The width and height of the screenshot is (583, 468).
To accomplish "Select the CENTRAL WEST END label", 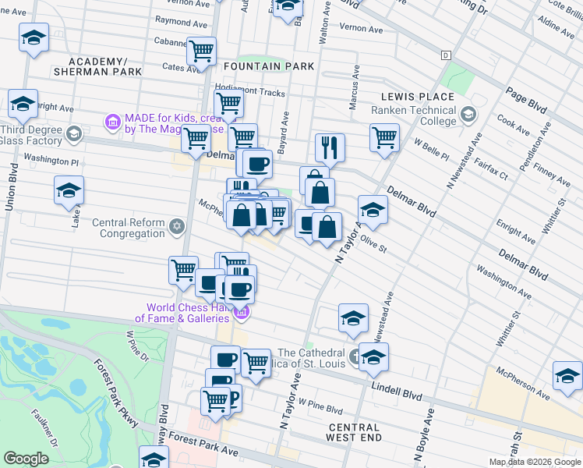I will pos(354,434).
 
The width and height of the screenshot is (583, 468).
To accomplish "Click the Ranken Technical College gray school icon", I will pos(468,115).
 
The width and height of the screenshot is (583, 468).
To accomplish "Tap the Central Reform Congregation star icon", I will pos(177,227).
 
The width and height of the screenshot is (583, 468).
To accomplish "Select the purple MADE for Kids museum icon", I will pos(112,122).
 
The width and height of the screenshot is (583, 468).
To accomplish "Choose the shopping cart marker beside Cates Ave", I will pos(202,51).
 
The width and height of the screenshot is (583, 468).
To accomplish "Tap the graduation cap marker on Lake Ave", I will pos(69,190).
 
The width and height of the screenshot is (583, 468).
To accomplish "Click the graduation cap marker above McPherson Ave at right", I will pos(567,374).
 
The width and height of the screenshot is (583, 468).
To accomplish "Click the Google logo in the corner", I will pos(26,459).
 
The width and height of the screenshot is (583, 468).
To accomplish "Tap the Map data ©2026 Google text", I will pos(534,462).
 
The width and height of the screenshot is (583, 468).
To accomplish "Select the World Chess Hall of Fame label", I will pos(183,313).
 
